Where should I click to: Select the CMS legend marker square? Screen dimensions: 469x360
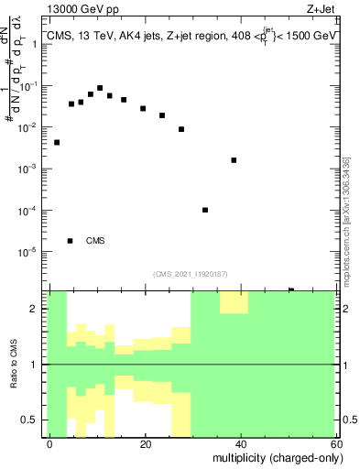(x=71, y=241)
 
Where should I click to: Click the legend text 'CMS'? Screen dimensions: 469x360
(x=95, y=241)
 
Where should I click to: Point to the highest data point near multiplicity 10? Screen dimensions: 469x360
(x=100, y=88)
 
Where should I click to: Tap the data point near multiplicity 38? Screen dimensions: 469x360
(x=235, y=160)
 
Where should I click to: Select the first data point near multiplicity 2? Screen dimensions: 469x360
(x=57, y=142)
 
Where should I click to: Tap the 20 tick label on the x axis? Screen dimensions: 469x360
(x=146, y=442)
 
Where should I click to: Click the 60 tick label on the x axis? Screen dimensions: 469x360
(x=335, y=442)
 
